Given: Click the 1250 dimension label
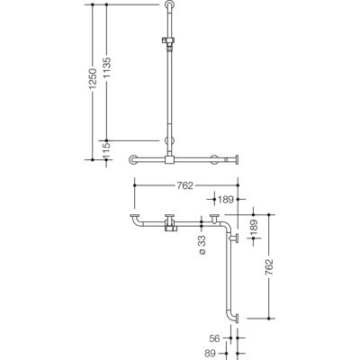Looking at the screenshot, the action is click(93, 78).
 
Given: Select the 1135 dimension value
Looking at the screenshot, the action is click(107, 67).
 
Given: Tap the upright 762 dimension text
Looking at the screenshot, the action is click(184, 185).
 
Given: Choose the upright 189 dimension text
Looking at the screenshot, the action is click(226, 199).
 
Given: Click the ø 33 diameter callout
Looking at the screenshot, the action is click(202, 245).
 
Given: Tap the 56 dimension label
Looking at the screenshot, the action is click(214, 338).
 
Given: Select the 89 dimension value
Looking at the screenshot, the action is click(214, 354).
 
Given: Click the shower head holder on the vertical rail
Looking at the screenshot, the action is click(169, 42).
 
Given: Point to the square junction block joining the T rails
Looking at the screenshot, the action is click(169, 159).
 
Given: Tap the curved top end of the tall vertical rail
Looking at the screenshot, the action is click(169, 5).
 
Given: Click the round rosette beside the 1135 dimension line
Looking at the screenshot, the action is click(169, 140).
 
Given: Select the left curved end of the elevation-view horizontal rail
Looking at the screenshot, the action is click(133, 159).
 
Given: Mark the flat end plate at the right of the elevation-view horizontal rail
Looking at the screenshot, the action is click(237, 159).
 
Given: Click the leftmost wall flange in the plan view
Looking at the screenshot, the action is click(135, 215).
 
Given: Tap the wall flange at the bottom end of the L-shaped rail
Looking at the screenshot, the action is click(238, 319).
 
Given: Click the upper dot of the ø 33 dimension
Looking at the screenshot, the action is click(202, 221).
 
